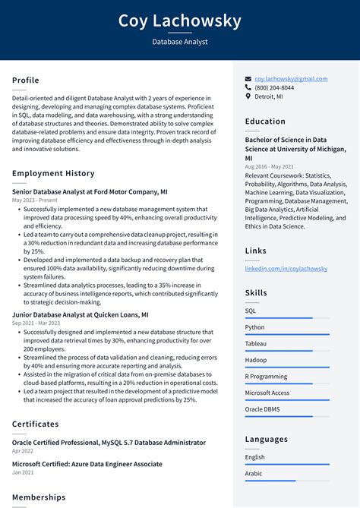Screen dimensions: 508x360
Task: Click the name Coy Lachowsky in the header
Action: pyautogui.click(x=180, y=21)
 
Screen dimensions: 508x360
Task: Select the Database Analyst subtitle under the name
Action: pyautogui.click(x=180, y=42)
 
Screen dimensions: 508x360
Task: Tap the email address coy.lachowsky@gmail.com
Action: pyautogui.click(x=291, y=79)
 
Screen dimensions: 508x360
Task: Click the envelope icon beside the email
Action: pyautogui.click(x=248, y=79)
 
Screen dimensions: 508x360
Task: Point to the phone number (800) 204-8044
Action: pyautogui.click(x=274, y=88)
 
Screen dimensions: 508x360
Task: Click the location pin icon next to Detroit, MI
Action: pyautogui.click(x=248, y=97)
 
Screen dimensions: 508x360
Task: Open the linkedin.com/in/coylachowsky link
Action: pyautogui.click(x=286, y=269)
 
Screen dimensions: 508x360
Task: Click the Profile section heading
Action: pyautogui.click(x=26, y=80)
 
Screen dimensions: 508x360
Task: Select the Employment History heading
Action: pyautogui.click(x=53, y=174)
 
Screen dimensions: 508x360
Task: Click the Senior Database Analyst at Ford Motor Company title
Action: pyautogui.click(x=90, y=192)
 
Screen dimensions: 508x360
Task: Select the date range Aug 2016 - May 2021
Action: pyautogui.click(x=270, y=166)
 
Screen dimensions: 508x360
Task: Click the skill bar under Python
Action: pyautogui.click(x=287, y=334)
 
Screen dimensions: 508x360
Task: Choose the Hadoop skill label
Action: pyautogui.click(x=255, y=360)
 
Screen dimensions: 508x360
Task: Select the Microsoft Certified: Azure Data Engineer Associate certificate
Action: pyautogui.click(x=87, y=464)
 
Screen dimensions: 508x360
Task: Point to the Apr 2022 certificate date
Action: pyautogui.click(x=23, y=451)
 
